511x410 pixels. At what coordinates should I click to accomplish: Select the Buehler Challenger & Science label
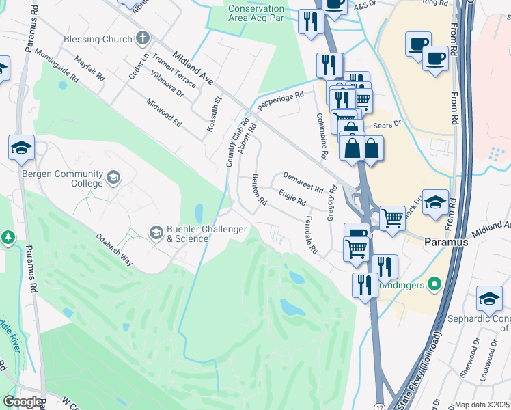pyautogui.click(x=207, y=234)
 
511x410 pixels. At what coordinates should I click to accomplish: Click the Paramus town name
pyautogui.click(x=446, y=242)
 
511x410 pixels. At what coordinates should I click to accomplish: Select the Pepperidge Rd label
pyautogui.click(x=280, y=101)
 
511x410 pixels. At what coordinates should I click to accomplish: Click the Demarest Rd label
pyautogui.click(x=303, y=182)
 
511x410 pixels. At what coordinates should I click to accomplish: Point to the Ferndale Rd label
pyautogui.click(x=309, y=236)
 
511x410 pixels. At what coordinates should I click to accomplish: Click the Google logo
pyautogui.click(x=22, y=402)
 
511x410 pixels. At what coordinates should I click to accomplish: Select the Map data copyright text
pyautogui.click(x=482, y=405)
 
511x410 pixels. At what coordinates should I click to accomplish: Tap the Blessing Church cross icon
pyautogui.click(x=143, y=38)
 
